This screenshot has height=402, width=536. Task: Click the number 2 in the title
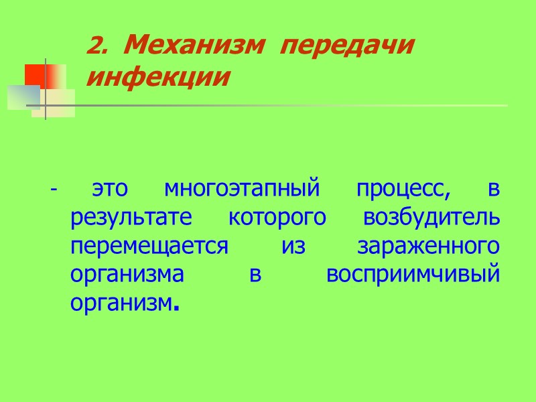click(94, 47)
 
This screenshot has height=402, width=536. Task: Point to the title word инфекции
click(158, 77)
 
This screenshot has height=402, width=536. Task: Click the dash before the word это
click(53, 190)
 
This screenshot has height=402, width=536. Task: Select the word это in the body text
click(109, 190)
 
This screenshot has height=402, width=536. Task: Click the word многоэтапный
click(239, 190)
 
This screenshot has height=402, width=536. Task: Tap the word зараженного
click(428, 247)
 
